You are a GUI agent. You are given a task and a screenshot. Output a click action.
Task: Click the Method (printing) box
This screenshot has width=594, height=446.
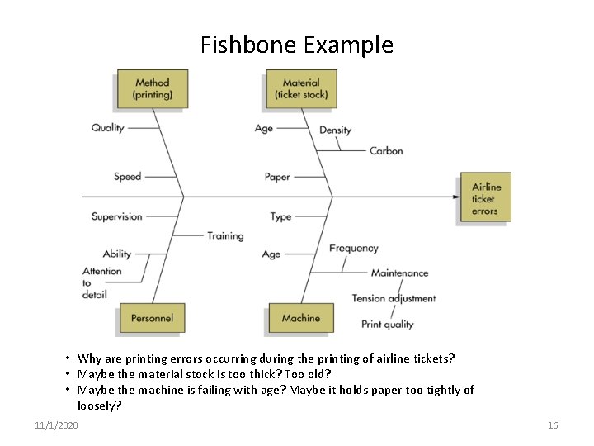pos(153,88)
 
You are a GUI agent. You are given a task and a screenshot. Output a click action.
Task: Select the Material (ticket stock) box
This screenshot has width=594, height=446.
pos(301,88)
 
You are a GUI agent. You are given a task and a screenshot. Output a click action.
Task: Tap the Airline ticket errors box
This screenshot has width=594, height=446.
pos(486,199)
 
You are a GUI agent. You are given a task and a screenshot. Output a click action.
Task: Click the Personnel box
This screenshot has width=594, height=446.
pos(152,318)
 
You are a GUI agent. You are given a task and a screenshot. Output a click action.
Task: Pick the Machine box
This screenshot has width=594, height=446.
pos(301,318)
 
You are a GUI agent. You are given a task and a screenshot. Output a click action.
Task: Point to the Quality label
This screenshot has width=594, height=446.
pos(107,128)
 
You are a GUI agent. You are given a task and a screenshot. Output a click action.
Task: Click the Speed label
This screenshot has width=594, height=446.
pos(127,176)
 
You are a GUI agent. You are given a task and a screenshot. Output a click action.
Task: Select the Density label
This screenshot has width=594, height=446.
pos(335,130)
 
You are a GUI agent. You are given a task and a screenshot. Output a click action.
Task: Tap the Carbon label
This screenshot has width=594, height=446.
pos(386,150)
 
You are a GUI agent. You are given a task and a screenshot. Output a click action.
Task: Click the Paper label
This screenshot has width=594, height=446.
pos(277,177)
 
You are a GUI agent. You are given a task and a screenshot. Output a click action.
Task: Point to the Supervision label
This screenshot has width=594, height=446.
pos(116,216)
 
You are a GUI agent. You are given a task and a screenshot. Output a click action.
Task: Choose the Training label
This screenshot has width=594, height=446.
pos(225,235)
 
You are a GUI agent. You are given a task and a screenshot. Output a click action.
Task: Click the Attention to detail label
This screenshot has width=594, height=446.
pos(101,282)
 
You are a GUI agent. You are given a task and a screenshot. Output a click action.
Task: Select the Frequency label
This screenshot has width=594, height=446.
pos(353,248)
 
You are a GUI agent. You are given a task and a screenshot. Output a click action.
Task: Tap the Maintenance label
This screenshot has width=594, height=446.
pos(399,273)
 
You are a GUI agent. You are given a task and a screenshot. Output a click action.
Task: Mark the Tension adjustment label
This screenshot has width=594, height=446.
pos(394,298)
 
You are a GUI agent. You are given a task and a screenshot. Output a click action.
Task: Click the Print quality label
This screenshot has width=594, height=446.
pos(387,325)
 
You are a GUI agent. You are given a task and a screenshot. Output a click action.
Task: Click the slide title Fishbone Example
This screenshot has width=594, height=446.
pos(297,45)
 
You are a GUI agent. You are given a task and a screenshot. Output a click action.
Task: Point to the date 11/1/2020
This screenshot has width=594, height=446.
pos(57,425)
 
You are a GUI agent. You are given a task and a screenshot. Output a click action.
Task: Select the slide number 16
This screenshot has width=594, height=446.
pos(553,425)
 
